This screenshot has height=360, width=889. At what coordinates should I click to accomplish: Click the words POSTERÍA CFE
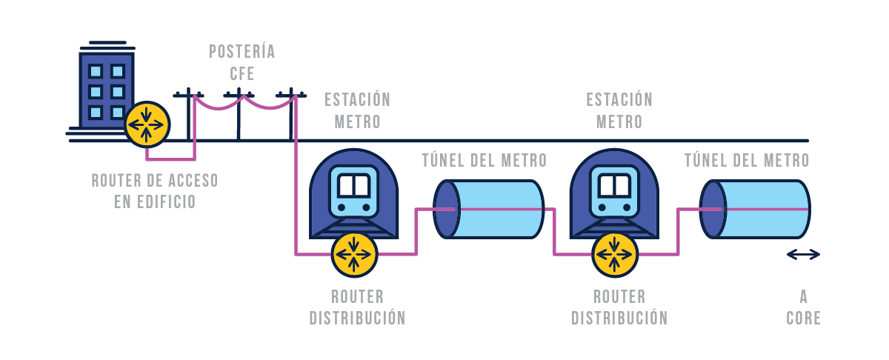tap(242, 62)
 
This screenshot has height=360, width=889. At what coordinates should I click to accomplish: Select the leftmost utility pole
tap(188, 115)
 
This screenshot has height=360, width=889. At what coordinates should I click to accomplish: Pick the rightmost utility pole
tap(291, 115)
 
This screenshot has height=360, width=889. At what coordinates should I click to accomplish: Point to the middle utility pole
tap(239, 115)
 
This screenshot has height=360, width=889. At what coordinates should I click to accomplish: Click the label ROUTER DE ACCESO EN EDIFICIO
tap(155, 190)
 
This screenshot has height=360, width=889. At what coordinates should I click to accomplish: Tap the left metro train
tap(353, 193)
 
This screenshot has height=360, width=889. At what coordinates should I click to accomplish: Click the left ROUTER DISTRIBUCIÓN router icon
tap(354, 254)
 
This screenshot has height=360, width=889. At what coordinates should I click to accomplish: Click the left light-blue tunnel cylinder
tap(489, 209)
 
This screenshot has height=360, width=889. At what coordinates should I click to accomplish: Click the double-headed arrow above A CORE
tap(803, 255)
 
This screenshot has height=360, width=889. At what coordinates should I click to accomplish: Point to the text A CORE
tap(804, 307)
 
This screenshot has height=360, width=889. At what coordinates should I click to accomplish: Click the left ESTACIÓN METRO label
tap(357, 110)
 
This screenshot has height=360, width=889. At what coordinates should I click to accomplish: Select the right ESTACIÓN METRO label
tap(619, 110)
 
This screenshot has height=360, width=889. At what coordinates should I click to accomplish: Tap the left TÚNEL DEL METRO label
tap(484, 160)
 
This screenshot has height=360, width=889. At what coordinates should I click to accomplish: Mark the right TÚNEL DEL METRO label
tap(747, 160)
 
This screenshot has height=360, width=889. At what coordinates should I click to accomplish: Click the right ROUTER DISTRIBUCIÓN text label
tap(619, 307)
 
